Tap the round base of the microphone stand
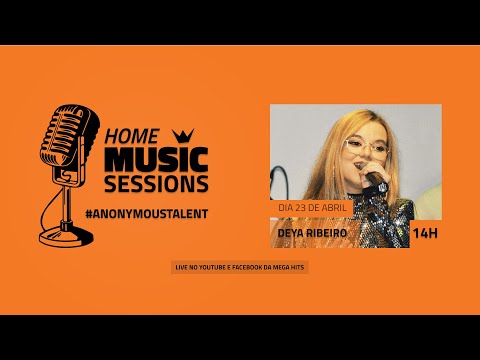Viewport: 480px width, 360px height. click(x=66, y=237)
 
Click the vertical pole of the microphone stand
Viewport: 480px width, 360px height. click(x=66, y=205)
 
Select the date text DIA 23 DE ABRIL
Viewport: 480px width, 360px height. click(x=312, y=207)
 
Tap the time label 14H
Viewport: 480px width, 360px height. click(x=425, y=233)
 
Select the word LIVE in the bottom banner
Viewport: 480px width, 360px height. click(x=181, y=267)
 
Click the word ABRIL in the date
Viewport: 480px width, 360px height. click(x=334, y=207)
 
